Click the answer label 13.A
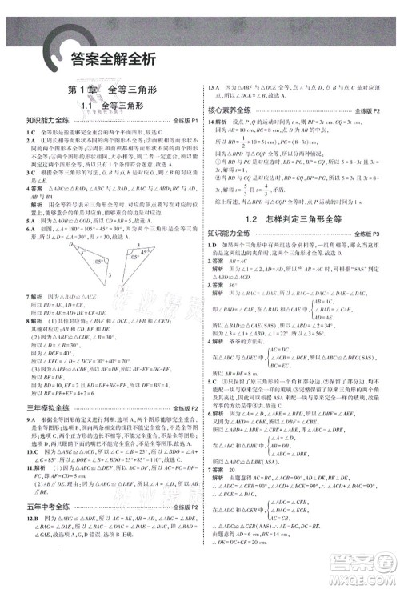(x=213, y=86)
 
